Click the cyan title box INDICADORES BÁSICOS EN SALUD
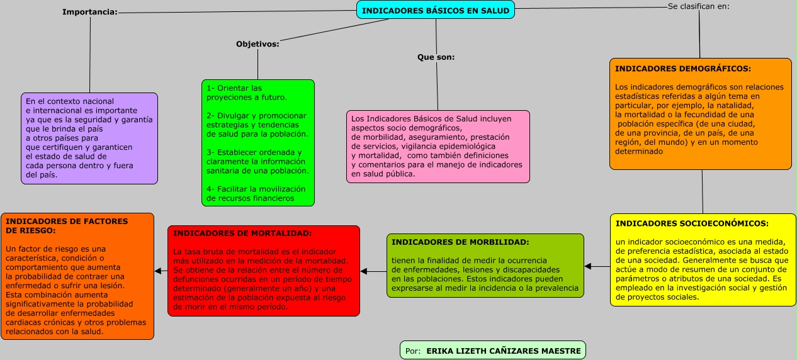[436, 10]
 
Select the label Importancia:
[90, 12]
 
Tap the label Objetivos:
[257, 44]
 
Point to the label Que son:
[436, 57]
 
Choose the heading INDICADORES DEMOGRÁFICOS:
[682, 69]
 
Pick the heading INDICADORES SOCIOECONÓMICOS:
[692, 223]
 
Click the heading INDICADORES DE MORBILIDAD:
[460, 242]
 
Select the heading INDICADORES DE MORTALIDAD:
[242, 233]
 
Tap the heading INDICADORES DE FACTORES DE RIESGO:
[66, 226]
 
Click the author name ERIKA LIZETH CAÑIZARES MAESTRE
[504, 351]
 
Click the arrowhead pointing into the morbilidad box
[588, 266]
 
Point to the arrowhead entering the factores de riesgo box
[158, 271]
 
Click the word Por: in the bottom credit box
[414, 351]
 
